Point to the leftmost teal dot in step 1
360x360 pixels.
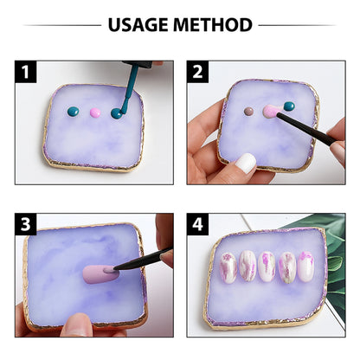[x=74, y=111]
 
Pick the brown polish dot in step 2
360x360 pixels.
[x=248, y=112]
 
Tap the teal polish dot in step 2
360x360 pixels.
[x=289, y=106]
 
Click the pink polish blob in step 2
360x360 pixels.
[x=269, y=111]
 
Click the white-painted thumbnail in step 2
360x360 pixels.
[x=247, y=163]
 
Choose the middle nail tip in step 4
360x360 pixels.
[x=267, y=267]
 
